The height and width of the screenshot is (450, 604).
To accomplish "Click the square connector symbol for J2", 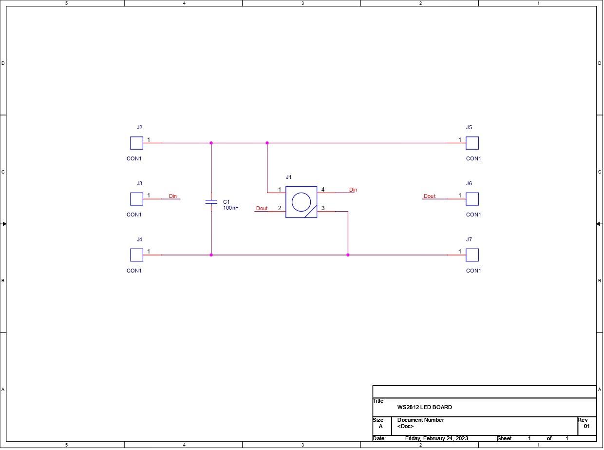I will click(x=137, y=143).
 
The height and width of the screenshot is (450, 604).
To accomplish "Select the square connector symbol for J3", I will click(x=137, y=199).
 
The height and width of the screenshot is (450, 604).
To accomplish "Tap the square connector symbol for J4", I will click(x=137, y=255).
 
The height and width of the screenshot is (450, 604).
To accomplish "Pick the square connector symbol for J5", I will click(x=472, y=143).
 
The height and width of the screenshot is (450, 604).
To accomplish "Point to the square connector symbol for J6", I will click(x=472, y=199).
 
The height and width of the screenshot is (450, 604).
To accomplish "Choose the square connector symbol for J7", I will click(x=472, y=255).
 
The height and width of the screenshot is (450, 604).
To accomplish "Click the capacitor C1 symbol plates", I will click(x=211, y=202).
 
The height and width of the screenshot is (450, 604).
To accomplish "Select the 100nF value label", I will click(x=231, y=208).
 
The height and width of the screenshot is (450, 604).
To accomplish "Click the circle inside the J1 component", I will click(x=301, y=202).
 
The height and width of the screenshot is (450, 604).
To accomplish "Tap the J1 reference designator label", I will click(x=289, y=177).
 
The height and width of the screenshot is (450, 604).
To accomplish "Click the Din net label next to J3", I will click(x=173, y=196).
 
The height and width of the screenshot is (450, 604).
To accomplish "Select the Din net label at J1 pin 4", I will click(x=353, y=190).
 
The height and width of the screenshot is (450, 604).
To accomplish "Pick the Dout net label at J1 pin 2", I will click(x=262, y=208).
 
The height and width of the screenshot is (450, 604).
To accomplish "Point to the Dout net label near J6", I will click(x=430, y=196).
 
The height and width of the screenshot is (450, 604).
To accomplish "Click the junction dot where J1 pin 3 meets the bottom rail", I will click(x=348, y=255).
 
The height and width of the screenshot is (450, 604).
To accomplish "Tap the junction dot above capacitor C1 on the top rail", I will click(x=211, y=143).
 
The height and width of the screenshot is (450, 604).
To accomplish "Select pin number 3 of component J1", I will click(x=323, y=208).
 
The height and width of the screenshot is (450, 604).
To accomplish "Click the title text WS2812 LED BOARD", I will click(x=424, y=407).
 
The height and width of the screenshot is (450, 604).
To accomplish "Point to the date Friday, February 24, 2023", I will click(x=436, y=438).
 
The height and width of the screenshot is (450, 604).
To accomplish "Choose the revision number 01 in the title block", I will click(x=586, y=426).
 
